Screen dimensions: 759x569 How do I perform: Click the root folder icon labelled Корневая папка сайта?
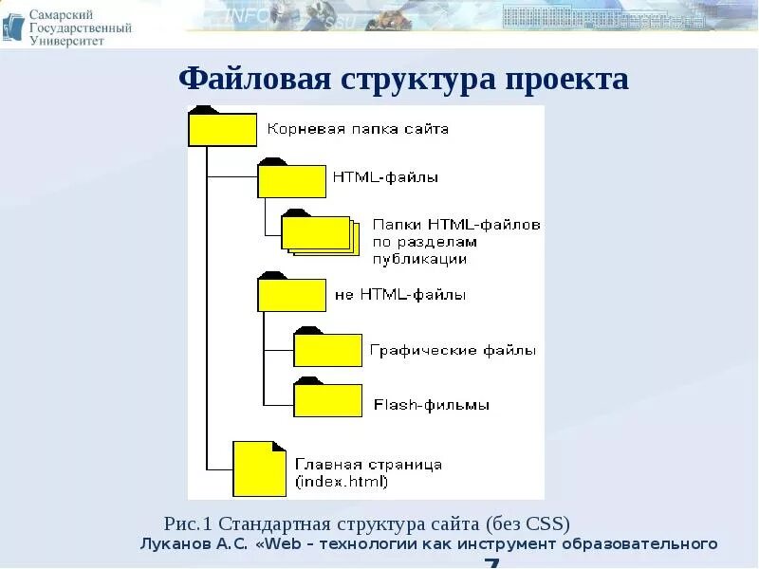(222, 129)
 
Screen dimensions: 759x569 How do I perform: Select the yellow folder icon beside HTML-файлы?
(291, 180)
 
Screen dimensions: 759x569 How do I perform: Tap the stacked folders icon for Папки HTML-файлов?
(318, 233)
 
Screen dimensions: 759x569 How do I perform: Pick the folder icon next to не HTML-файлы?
(291, 295)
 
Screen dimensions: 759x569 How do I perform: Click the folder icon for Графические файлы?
(327, 349)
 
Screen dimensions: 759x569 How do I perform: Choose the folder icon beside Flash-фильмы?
(327, 399)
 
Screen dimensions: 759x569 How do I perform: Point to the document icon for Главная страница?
(259, 469)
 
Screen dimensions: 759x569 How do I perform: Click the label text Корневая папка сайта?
(358, 128)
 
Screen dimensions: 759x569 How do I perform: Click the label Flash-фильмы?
(432, 405)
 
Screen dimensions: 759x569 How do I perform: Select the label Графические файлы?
(453, 350)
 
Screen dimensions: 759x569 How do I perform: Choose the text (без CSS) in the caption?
(528, 523)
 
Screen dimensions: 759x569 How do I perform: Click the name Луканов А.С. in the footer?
(194, 544)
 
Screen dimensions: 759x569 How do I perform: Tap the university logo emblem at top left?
(13, 25)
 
